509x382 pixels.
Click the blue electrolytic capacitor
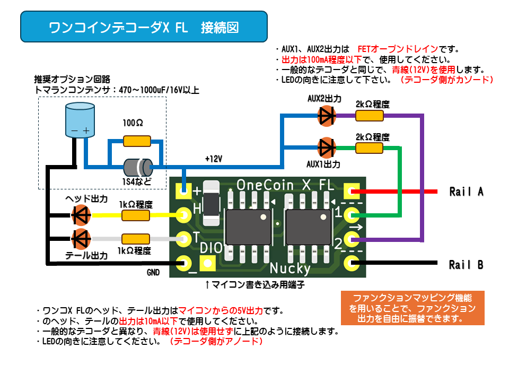80,120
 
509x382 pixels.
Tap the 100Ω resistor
137,141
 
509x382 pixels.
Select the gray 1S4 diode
138,167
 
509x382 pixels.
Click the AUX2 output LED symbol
327,116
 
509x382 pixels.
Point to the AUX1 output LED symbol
327,148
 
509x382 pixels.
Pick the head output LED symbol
81,215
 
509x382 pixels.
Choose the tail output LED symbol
81,239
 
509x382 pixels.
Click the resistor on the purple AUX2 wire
370,116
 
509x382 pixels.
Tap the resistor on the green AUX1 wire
370,148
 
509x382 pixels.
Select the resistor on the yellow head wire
136,215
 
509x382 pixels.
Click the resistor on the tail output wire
136,239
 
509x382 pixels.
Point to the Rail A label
467,192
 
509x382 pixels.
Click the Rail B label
466,265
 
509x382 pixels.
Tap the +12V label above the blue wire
214,159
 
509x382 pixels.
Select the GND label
153,272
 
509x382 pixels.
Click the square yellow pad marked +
183,191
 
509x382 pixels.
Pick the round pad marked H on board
184,215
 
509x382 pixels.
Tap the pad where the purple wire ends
352,240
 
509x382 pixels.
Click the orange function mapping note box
413,308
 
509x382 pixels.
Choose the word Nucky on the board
290,268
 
